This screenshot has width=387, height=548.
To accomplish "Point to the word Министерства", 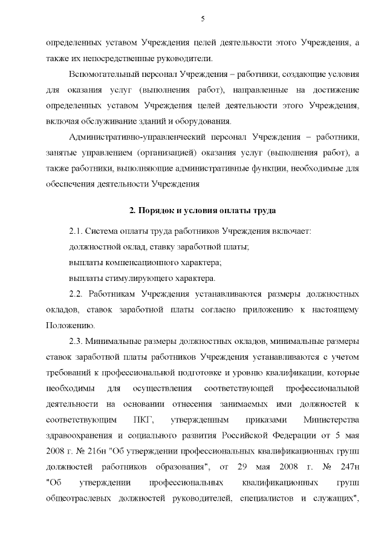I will point(331,419).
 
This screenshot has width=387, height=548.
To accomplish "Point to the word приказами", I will point(262,419).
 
